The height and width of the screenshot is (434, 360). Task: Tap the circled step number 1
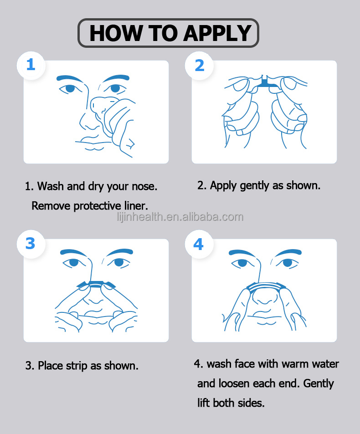pyautogui.click(x=31, y=65)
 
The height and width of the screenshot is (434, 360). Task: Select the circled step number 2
pyautogui.click(x=200, y=66)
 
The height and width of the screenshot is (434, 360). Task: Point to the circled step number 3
pyautogui.click(x=31, y=244)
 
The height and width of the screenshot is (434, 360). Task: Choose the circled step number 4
pyautogui.click(x=199, y=245)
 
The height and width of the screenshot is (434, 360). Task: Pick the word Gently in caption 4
pyautogui.click(x=319, y=384)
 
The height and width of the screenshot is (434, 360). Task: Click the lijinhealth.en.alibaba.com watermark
pyautogui.click(x=180, y=217)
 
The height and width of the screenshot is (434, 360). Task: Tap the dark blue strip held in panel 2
pyautogui.click(x=266, y=83)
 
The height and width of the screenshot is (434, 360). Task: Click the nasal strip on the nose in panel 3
pyautogui.click(x=96, y=284)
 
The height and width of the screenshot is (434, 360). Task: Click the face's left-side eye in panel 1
pyautogui.click(x=70, y=88)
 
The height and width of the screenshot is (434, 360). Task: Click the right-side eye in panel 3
pyautogui.click(x=119, y=262)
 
